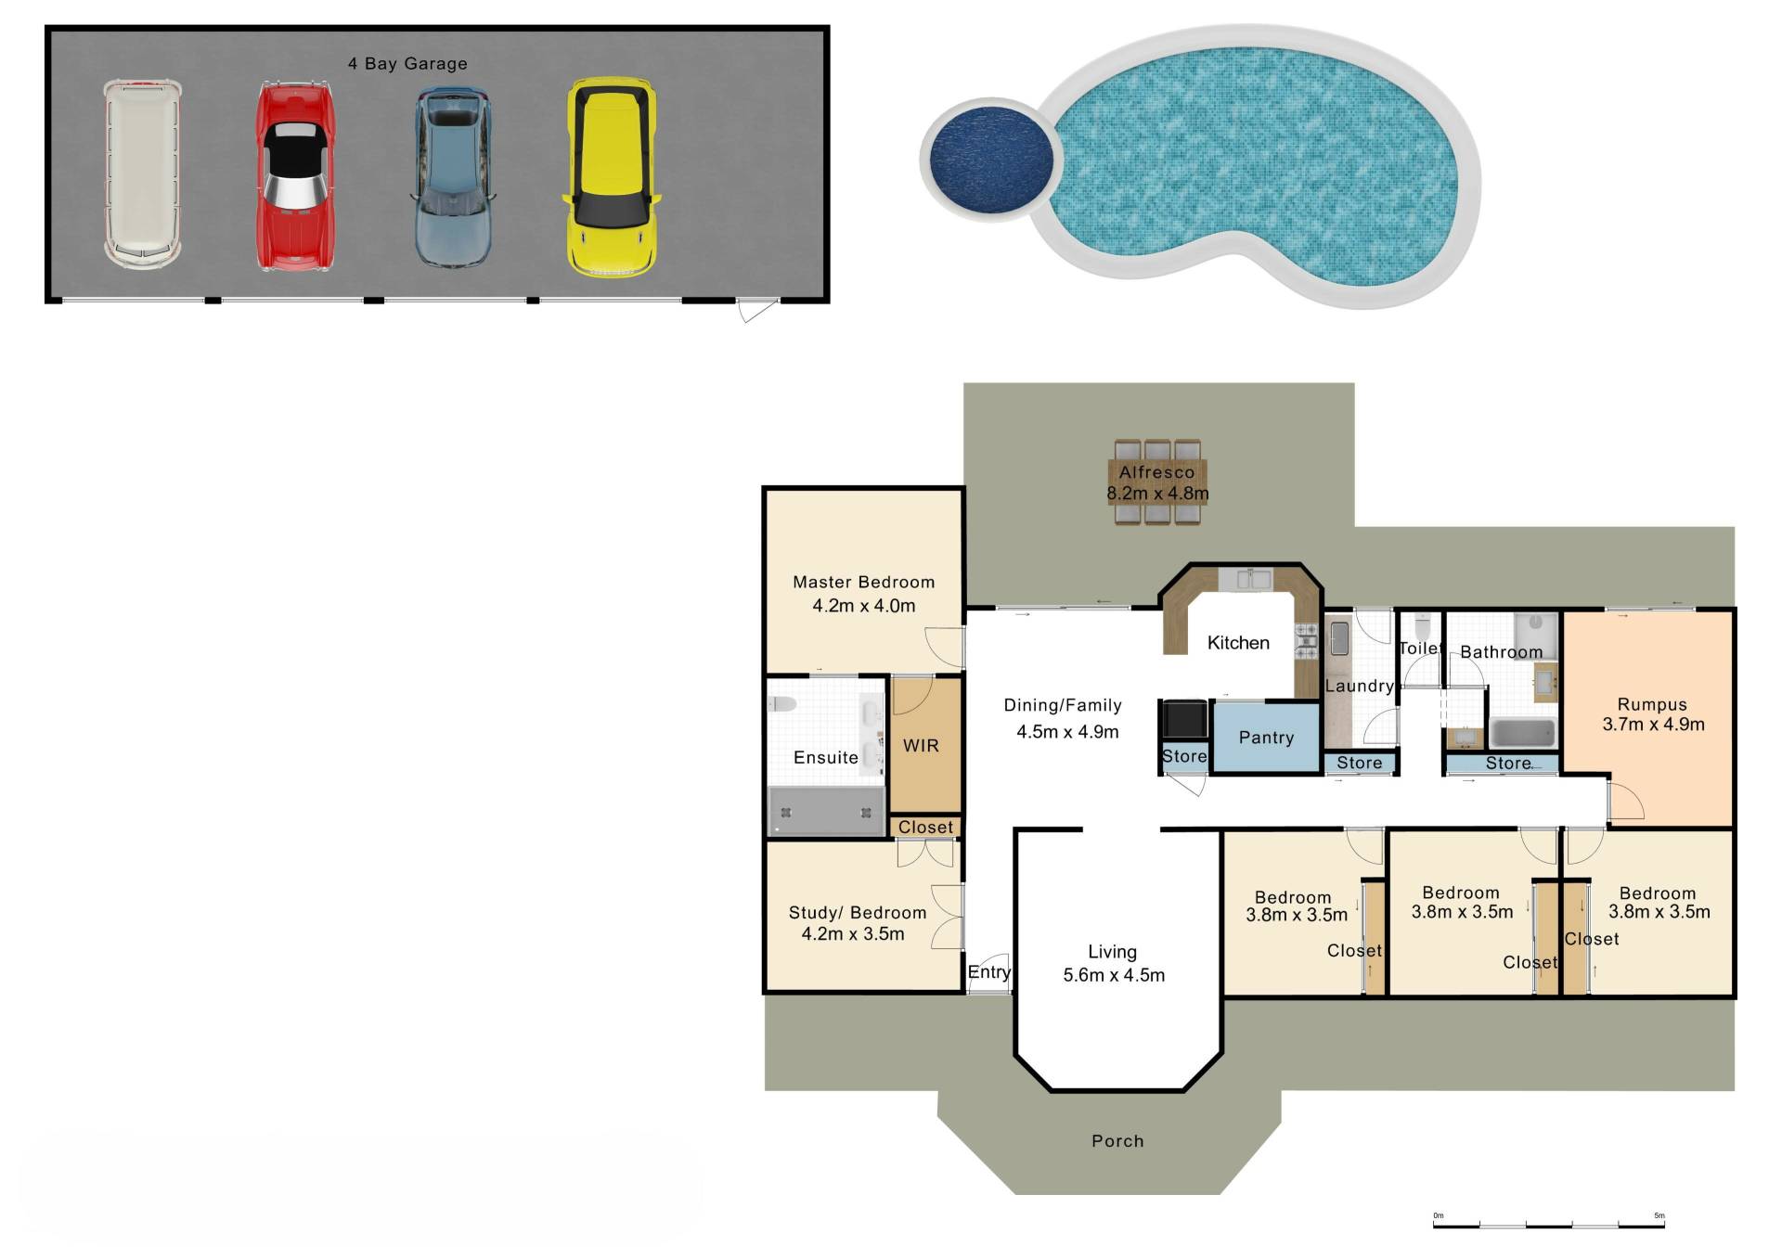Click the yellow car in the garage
(612, 177)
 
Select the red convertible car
(294, 176)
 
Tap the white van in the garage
(142, 173)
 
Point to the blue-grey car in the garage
(452, 176)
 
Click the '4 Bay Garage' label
(407, 63)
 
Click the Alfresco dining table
(1157, 482)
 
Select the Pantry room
(1267, 738)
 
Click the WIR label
(921, 746)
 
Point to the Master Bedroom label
(863, 583)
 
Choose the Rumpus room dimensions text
(1653, 725)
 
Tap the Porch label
(1117, 1141)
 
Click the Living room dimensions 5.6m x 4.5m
(1114, 975)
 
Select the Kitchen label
(1238, 643)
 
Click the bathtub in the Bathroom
(1522, 733)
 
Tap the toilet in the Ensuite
(781, 703)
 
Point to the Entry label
(988, 972)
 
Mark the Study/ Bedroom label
(857, 913)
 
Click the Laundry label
(1360, 687)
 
